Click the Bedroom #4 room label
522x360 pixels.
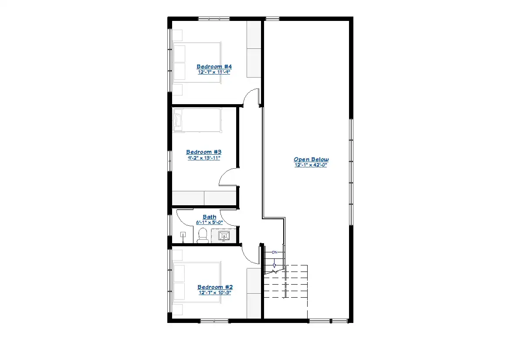[x=214, y=67]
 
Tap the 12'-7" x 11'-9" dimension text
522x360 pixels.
[x=214, y=72]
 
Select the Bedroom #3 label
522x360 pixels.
[x=204, y=152]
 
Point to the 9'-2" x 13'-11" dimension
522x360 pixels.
[x=204, y=158]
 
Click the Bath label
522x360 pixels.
[x=210, y=217]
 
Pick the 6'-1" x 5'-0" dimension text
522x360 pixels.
[x=210, y=222]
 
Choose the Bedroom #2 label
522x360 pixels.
[x=215, y=287]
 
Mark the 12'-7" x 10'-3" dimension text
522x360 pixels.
[x=215, y=292]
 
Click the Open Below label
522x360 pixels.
[x=311, y=160]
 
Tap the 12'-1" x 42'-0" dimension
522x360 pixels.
[x=311, y=165]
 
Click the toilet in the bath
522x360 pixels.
[x=203, y=235]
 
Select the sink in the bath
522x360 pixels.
[x=224, y=236]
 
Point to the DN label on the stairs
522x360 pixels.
[x=275, y=252]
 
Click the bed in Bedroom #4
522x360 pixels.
[x=197, y=63]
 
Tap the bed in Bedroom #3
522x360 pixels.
[x=197, y=120]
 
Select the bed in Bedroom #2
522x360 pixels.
[x=197, y=282]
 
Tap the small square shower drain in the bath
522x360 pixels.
[x=183, y=235]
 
